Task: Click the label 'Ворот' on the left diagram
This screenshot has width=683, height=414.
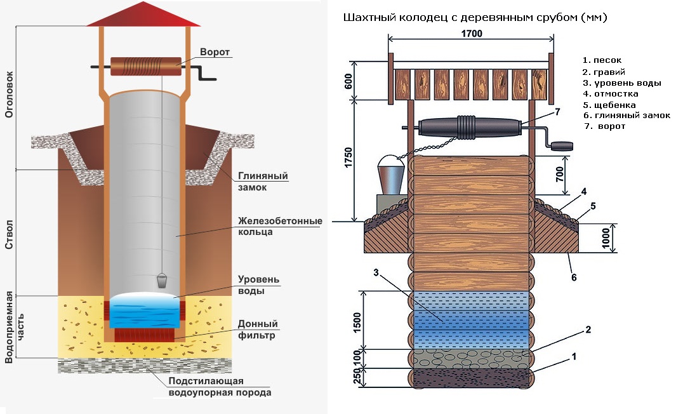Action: click(x=214, y=52)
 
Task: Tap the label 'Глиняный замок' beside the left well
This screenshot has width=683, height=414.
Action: click(x=263, y=182)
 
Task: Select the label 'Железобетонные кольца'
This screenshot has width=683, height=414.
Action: click(x=279, y=227)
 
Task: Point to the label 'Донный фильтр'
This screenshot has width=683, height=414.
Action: click(x=258, y=330)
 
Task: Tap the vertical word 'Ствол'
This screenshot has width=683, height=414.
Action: click(x=10, y=234)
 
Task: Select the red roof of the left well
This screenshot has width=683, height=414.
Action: click(x=143, y=15)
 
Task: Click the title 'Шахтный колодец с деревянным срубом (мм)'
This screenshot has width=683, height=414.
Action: click(x=475, y=18)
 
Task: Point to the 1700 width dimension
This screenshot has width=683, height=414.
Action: click(x=471, y=34)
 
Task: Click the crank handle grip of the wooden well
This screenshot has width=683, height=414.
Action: click(x=560, y=146)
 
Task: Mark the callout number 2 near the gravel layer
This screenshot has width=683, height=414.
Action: click(x=588, y=330)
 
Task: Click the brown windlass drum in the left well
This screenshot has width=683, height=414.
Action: click(x=145, y=66)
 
